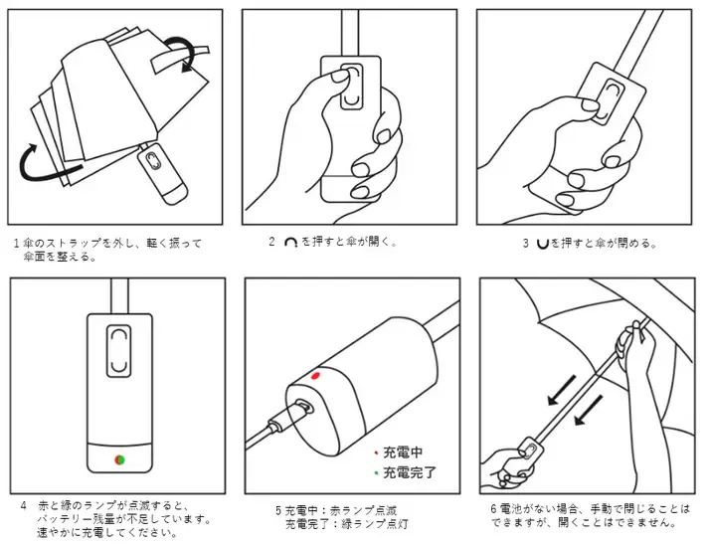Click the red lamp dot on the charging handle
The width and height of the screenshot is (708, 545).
[315, 376]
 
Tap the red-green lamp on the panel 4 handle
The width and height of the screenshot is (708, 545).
[119, 459]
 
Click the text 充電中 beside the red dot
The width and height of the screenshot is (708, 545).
[403, 452]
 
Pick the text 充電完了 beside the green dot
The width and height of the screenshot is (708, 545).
[410, 472]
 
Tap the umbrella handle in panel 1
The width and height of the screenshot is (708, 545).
[162, 172]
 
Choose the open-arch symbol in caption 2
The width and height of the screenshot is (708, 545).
[290, 243]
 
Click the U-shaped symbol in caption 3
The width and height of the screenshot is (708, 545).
[542, 244]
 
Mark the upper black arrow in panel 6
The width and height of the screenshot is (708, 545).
[561, 390]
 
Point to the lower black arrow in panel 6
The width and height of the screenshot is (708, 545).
[589, 410]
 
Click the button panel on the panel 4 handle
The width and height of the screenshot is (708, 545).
[119, 350]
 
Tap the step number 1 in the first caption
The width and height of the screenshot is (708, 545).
[17, 244]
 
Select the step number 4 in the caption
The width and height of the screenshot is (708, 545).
[24, 505]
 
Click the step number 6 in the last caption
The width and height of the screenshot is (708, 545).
[494, 509]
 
